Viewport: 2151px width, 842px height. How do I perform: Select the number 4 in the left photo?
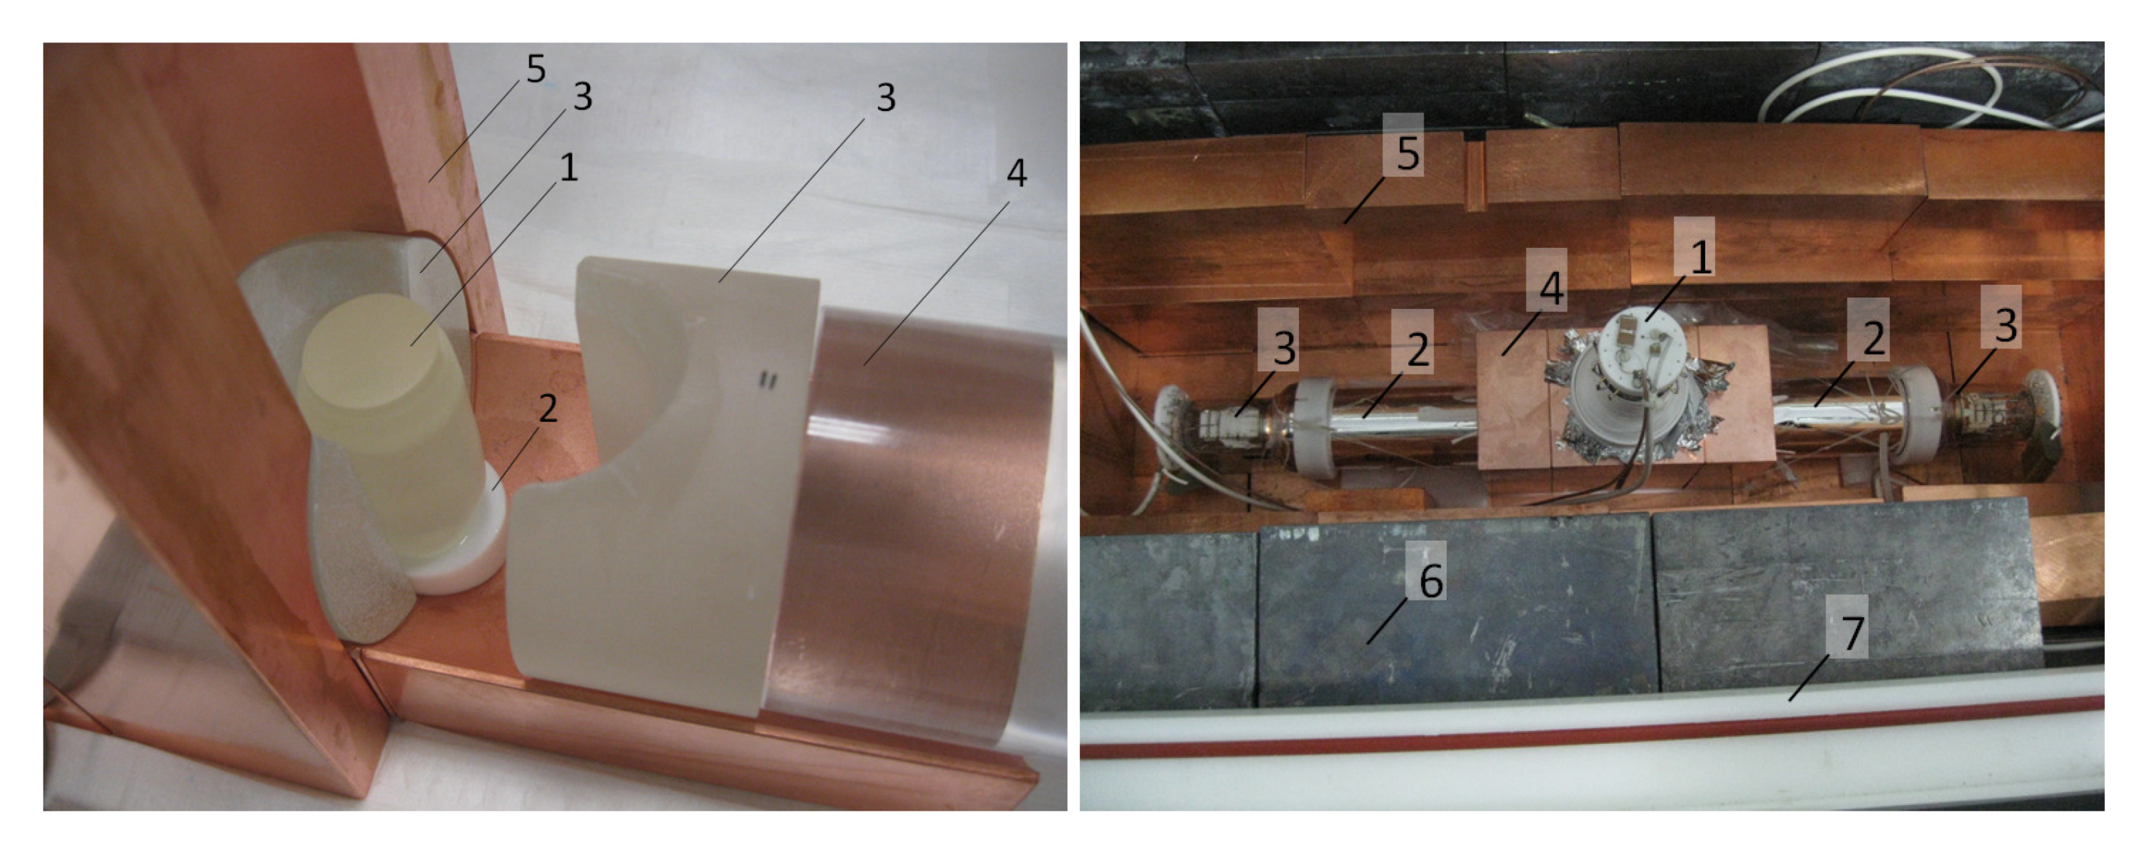(x=1016, y=173)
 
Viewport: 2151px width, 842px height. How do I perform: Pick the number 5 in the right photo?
(x=1408, y=153)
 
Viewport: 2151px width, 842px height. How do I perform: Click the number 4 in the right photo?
(x=1551, y=288)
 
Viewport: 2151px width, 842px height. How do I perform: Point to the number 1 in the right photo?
(x=1700, y=256)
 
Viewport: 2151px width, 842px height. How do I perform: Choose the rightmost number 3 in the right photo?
(x=2005, y=326)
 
